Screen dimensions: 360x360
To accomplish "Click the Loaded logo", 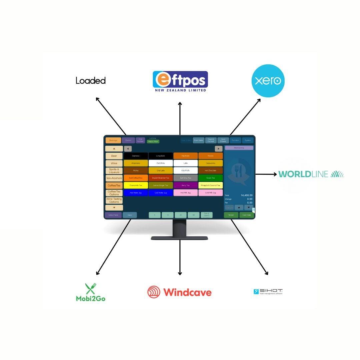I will point(91,81).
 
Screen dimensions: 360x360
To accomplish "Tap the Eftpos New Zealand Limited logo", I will point(180,81).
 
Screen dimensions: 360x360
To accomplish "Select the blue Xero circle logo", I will point(268,81).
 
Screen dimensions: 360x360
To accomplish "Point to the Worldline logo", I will point(311,174).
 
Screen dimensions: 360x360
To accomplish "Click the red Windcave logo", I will point(179,292).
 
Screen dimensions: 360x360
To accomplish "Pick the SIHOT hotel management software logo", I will point(268,292).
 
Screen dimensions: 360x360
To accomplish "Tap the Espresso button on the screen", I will point(136,156).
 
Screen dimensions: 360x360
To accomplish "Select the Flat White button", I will point(161,163).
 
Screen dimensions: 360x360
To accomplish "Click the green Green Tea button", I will point(210,178).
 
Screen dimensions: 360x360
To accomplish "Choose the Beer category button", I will point(114,156).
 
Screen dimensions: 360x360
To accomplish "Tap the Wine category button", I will point(114,163).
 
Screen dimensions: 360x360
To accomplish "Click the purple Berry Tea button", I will point(186,185).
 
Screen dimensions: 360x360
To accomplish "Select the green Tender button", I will point(231,215).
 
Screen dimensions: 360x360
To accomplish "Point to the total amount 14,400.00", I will point(247,195).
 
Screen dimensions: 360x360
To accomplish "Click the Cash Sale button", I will point(247,215).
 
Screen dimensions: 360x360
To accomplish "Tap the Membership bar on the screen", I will point(239,148).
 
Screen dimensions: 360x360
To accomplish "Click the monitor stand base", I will point(179,238).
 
